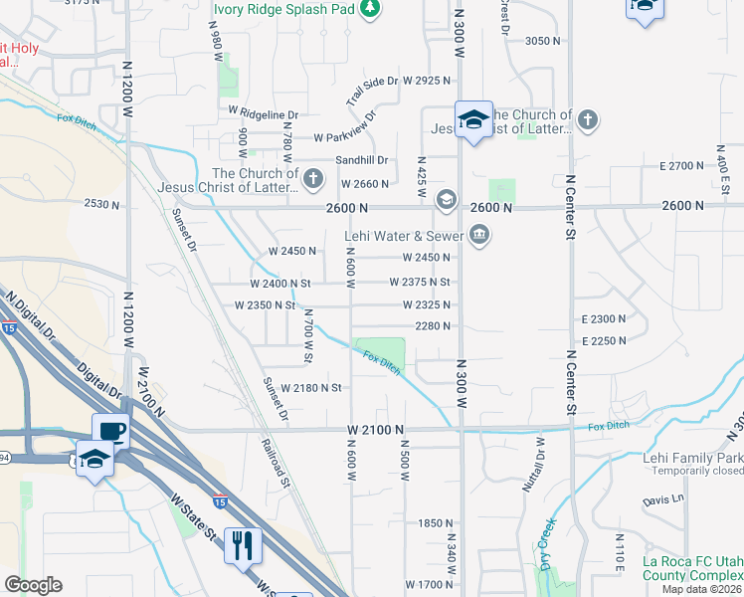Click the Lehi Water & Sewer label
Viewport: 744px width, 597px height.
[x=404, y=236]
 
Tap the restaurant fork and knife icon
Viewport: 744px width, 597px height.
[x=243, y=544]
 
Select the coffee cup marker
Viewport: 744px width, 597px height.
[x=110, y=431]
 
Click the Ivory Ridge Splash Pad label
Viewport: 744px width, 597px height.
[x=283, y=9]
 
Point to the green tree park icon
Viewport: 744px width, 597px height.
[x=370, y=9]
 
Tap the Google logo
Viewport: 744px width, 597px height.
[x=34, y=584]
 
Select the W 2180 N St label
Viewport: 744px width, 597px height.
[x=311, y=387]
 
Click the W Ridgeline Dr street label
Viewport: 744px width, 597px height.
[x=264, y=114]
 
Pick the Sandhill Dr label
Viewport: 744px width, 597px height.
[x=360, y=160]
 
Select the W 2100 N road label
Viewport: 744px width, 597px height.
[x=375, y=429]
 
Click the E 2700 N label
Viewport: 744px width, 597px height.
[x=681, y=165]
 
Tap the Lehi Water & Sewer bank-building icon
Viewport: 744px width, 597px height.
[x=479, y=236]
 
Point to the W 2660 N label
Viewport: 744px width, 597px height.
[x=364, y=184]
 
